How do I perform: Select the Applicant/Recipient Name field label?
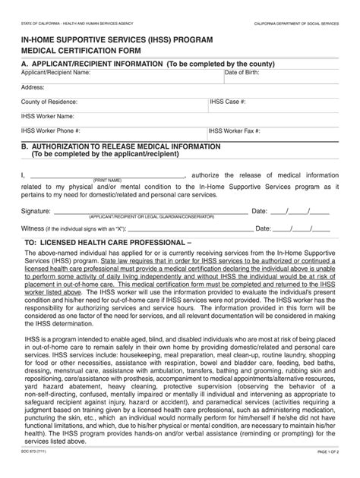[55, 72]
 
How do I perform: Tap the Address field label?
[33, 86]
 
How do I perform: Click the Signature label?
[36, 210]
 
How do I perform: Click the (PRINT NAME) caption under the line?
[109, 180]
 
